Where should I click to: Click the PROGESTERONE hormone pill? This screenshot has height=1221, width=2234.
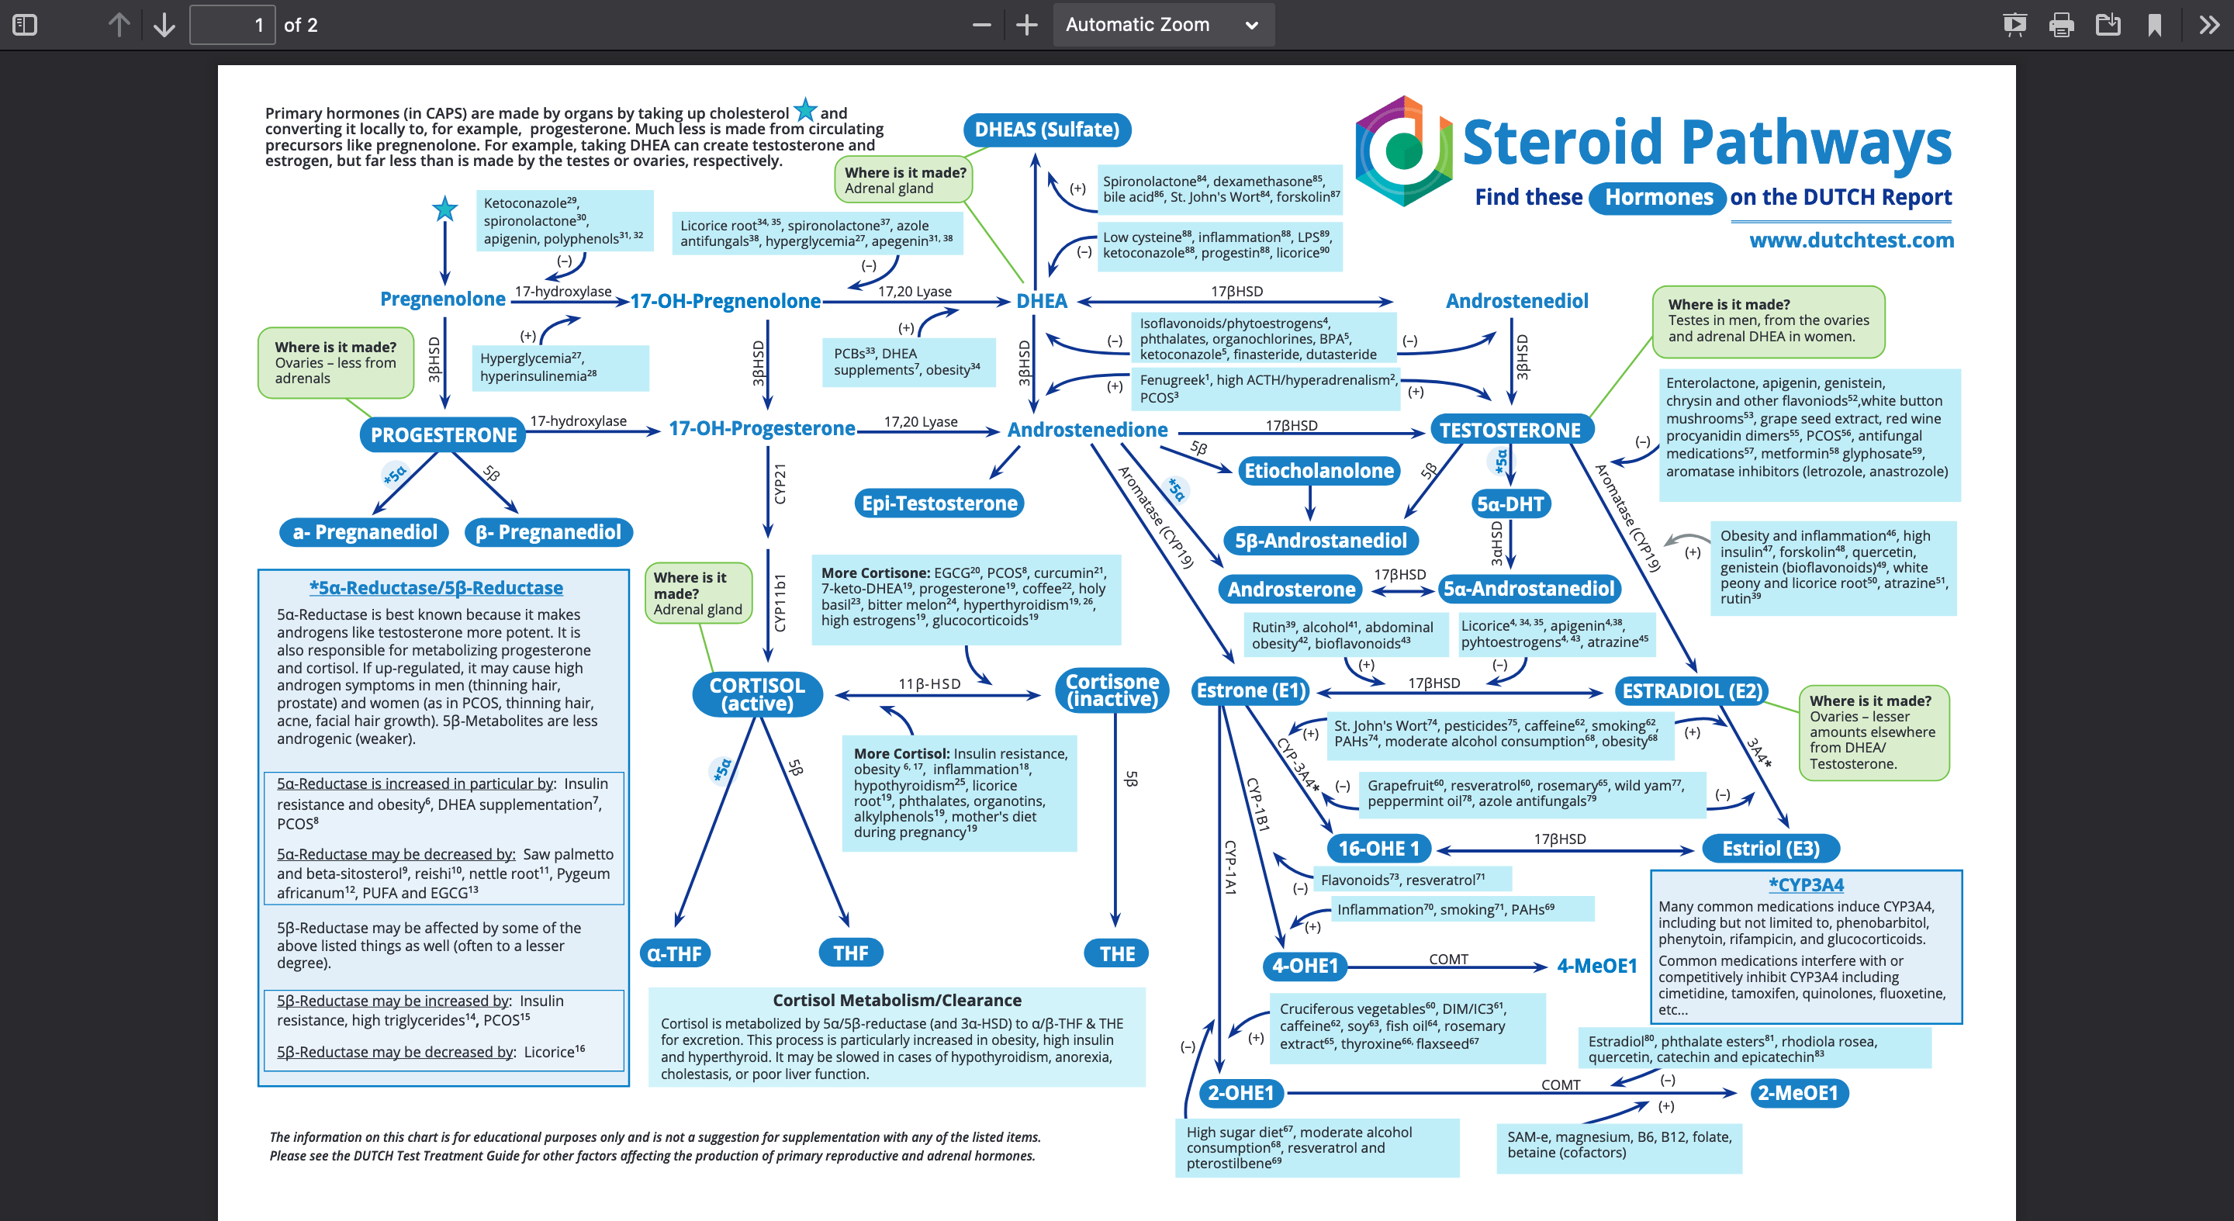[x=443, y=434]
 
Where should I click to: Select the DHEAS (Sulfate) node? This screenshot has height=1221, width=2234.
[x=1046, y=130]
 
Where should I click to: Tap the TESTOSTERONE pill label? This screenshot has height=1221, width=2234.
[x=1509, y=430]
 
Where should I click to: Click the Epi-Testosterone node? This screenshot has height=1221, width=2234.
[x=939, y=503]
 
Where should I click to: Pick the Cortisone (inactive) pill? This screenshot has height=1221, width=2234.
[x=1112, y=690]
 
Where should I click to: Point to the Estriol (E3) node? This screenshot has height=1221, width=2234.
[x=1770, y=848]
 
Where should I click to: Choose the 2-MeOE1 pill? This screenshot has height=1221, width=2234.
[x=1798, y=1093]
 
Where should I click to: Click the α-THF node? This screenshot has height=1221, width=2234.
[x=675, y=953]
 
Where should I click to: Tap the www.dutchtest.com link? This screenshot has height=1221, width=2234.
[x=1851, y=240]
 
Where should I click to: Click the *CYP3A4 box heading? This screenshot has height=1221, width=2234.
[x=1806, y=884]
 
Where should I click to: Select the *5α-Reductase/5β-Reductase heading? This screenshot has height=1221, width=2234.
[x=436, y=588]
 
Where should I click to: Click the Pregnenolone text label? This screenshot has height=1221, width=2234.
[x=442, y=299]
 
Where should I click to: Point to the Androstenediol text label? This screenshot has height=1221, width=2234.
[x=1516, y=301]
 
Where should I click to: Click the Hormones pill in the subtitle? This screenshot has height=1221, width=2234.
[x=1658, y=197]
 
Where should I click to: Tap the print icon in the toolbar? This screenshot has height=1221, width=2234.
[x=2060, y=24]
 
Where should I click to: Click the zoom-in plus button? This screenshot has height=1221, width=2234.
[x=1026, y=24]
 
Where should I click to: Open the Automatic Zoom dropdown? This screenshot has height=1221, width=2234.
[x=1162, y=24]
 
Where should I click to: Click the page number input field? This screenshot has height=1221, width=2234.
[x=233, y=24]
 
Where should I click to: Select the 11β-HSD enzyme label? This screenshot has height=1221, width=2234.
[x=929, y=683]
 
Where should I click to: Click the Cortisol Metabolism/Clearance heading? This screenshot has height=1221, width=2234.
[x=897, y=1000]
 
